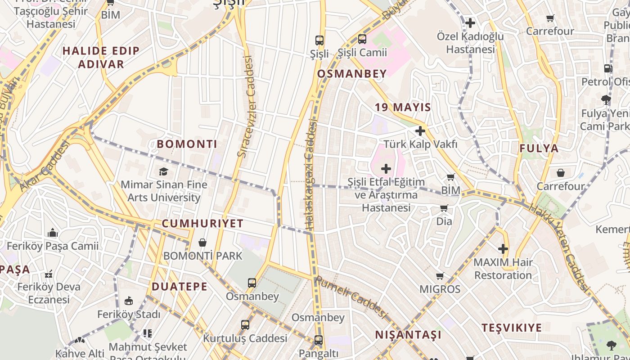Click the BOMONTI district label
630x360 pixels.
click(x=187, y=144)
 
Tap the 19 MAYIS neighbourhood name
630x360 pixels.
click(x=403, y=108)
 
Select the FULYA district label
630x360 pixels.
click(x=539, y=148)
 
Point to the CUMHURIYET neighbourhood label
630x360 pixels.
click(x=202, y=224)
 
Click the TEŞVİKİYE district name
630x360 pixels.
click(x=512, y=328)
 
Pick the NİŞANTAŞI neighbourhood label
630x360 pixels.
click(x=408, y=335)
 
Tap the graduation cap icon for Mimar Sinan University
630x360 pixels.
click(x=163, y=171)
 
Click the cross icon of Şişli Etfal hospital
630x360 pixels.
click(x=386, y=169)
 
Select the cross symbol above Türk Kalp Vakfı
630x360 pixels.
click(x=420, y=131)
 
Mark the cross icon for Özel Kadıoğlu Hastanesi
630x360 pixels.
click(x=470, y=22)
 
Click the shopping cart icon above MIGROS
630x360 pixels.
click(x=440, y=276)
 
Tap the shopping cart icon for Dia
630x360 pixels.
click(x=444, y=208)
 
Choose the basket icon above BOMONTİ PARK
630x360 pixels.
click(x=202, y=243)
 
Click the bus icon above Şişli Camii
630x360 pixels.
click(x=362, y=39)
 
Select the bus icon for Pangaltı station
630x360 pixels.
click(x=318, y=340)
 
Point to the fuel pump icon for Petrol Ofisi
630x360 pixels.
click(x=608, y=68)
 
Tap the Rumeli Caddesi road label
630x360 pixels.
click(x=351, y=297)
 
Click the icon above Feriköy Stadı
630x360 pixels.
click(x=129, y=301)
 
